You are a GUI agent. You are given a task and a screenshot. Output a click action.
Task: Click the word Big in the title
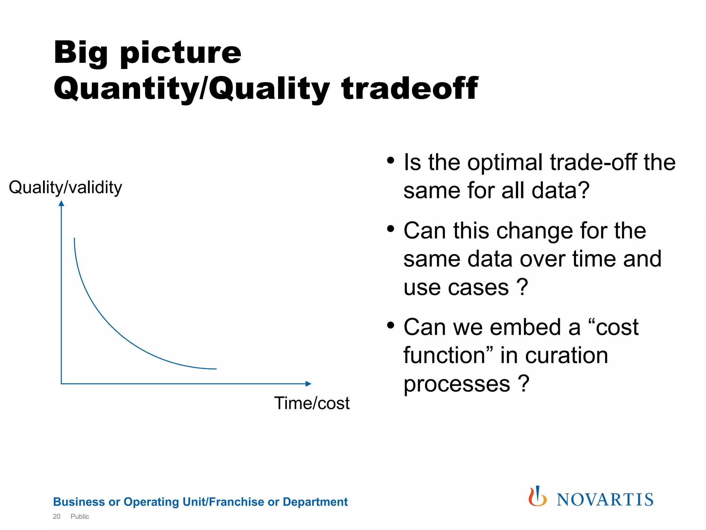tap(81, 53)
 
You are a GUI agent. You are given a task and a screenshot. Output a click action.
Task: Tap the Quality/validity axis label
tap(65, 187)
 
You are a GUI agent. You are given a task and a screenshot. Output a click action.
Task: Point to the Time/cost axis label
tap(312, 403)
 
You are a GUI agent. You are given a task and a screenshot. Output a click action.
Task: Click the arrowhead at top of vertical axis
tap(61, 203)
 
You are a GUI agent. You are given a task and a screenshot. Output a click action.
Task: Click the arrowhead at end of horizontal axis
tap(309, 384)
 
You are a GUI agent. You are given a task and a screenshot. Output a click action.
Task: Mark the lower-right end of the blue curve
tap(215, 369)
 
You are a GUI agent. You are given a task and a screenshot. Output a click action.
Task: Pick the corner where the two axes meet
tap(61, 383)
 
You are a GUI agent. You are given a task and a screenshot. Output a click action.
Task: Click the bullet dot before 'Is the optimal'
tap(390, 160)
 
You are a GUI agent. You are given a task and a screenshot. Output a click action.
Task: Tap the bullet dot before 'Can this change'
tap(390, 228)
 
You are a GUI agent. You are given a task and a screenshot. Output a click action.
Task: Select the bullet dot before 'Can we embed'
tap(390, 325)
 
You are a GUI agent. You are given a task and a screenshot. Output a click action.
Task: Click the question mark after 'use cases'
tap(523, 287)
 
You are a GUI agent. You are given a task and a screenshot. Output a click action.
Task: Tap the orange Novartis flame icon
tap(537, 497)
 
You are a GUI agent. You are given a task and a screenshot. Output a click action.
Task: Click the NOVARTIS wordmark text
tap(605, 500)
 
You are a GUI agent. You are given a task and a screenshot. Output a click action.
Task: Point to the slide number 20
tap(57, 517)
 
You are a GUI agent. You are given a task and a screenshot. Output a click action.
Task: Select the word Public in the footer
tap(80, 517)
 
